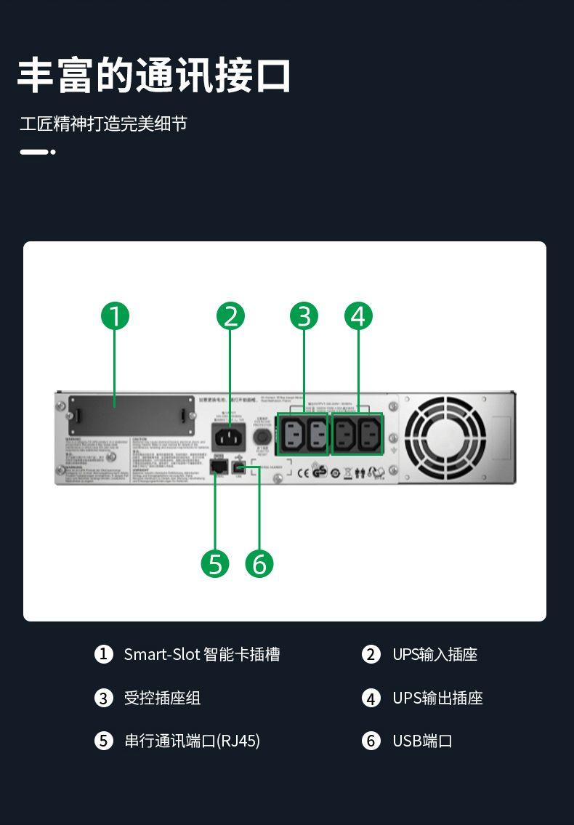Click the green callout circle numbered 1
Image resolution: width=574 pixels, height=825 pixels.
(115, 316)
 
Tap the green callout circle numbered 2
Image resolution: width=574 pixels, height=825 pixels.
(231, 316)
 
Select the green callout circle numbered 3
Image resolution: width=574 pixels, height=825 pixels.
(304, 316)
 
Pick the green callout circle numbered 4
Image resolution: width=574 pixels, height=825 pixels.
(358, 316)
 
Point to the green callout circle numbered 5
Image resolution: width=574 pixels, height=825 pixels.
(215, 563)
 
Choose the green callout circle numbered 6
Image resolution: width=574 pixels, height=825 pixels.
(259, 563)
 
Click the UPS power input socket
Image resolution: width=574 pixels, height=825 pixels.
(229, 437)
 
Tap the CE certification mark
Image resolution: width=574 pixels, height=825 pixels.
(304, 473)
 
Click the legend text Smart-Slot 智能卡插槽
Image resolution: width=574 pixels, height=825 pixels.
(201, 654)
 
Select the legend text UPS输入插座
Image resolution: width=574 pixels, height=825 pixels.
(434, 654)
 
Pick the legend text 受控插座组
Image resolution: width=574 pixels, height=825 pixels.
(162, 699)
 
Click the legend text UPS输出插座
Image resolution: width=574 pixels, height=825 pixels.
(437, 699)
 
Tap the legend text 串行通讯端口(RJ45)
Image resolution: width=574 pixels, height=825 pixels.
(192, 741)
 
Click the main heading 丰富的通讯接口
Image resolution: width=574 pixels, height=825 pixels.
(154, 76)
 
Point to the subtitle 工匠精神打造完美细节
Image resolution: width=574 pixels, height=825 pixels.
(103, 124)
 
